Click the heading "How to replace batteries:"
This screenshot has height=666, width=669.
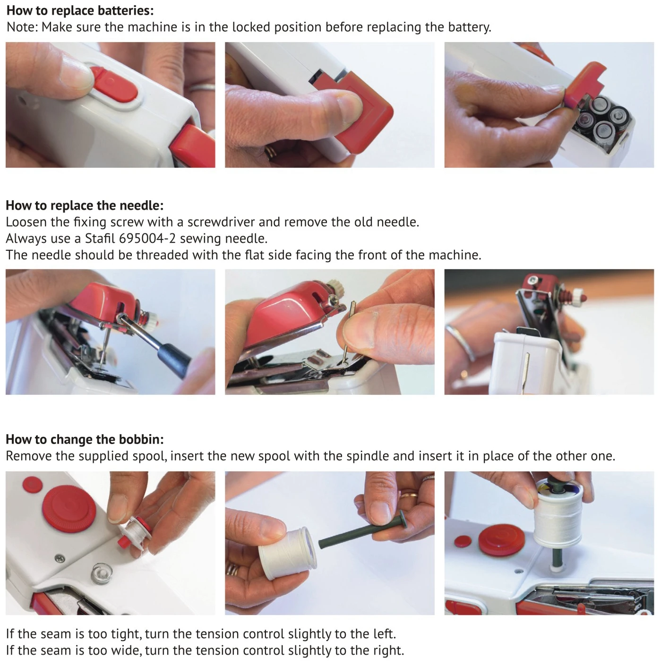(x=80, y=10)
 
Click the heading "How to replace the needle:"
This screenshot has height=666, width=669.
(x=85, y=205)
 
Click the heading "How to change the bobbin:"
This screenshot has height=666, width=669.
(x=85, y=439)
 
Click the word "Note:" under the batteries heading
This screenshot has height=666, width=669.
(x=22, y=27)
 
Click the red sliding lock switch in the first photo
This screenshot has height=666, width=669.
(x=113, y=85)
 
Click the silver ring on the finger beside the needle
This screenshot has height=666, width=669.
(x=460, y=342)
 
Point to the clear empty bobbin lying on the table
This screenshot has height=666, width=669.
(x=101, y=573)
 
